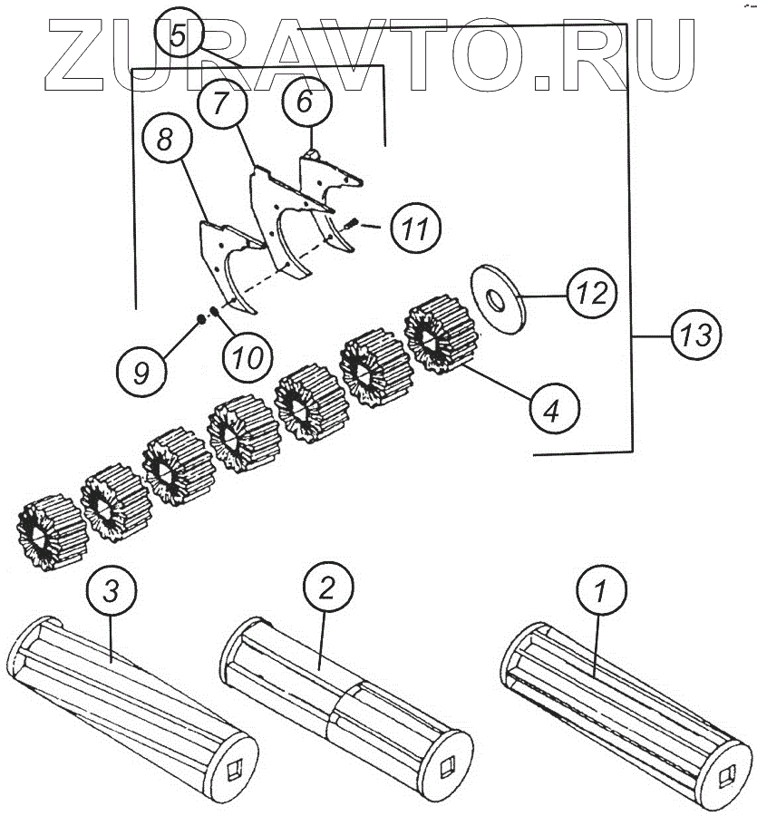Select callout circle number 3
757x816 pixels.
tap(111, 592)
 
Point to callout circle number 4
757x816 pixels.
tap(551, 410)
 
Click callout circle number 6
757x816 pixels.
tap(305, 102)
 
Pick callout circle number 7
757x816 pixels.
tap(223, 103)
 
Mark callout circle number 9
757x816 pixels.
tap(141, 373)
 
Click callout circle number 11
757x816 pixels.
tap(414, 229)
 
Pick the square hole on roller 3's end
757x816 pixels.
tap(231, 769)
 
